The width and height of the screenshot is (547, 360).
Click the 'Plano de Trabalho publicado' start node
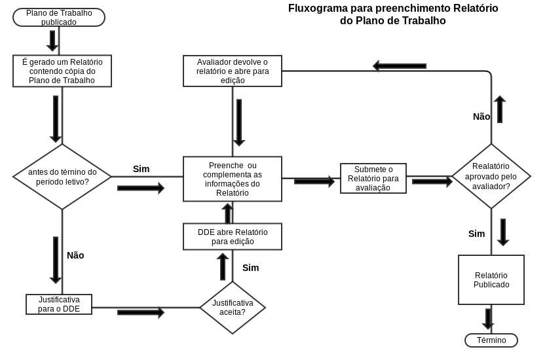point(59,17)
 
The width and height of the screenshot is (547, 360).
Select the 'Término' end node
point(491,340)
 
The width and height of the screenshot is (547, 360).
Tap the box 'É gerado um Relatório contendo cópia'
point(62,71)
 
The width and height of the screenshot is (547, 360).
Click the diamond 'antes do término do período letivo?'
point(62,177)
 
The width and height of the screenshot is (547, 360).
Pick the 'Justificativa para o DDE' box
point(59,304)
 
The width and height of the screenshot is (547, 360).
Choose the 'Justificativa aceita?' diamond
point(233,308)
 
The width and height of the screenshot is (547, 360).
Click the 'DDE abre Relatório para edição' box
point(233,236)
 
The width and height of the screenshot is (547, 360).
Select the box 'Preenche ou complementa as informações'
point(233,179)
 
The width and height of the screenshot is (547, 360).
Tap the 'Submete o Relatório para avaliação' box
point(373,178)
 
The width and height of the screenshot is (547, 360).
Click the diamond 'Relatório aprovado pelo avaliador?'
point(491,177)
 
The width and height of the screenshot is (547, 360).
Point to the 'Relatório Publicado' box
point(491,280)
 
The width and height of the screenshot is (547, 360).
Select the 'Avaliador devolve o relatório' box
point(233,71)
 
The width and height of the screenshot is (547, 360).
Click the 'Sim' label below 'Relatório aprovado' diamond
point(477,234)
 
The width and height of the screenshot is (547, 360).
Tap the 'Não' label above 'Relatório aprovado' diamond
point(481,117)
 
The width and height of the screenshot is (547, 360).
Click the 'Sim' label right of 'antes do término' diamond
point(141,169)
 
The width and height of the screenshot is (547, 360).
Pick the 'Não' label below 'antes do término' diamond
point(75,255)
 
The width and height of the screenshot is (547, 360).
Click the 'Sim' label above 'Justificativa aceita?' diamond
point(250,268)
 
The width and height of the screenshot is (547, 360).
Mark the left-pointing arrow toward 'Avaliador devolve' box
point(400,65)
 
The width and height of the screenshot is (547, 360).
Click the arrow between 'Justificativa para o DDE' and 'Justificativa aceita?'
point(141,312)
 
